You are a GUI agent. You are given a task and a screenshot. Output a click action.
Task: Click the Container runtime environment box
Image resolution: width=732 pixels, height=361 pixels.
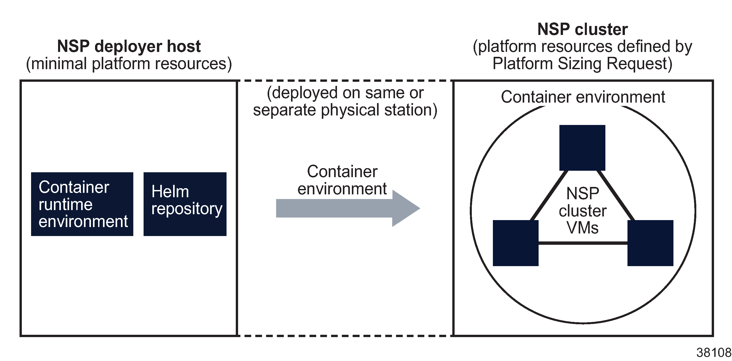pyautogui.click(x=82, y=204)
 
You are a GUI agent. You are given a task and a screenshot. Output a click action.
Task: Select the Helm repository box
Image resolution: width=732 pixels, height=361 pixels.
pyautogui.click(x=185, y=204)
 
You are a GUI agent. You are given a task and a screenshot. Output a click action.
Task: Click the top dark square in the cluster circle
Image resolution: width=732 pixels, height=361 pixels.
pyautogui.click(x=582, y=148)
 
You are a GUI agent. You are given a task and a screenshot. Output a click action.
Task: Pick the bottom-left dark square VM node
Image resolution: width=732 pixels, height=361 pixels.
pyautogui.click(x=515, y=243)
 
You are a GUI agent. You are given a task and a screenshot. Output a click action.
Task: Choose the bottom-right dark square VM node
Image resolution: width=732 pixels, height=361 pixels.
pyautogui.click(x=650, y=243)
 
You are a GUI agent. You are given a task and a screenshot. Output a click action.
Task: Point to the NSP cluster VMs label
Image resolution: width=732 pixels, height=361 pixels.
pyautogui.click(x=583, y=211)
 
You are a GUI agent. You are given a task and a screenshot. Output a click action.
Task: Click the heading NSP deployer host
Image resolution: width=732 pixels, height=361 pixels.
pyautogui.click(x=129, y=46)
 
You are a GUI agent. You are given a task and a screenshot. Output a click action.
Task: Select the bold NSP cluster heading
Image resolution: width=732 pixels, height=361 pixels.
pyautogui.click(x=583, y=29)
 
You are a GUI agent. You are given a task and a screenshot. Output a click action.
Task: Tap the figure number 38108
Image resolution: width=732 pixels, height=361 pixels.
pyautogui.click(x=713, y=353)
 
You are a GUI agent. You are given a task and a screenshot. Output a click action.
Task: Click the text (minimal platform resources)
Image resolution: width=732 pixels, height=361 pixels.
pyautogui.click(x=129, y=64)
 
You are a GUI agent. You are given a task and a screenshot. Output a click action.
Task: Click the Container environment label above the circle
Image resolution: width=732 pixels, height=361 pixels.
pyautogui.click(x=583, y=97)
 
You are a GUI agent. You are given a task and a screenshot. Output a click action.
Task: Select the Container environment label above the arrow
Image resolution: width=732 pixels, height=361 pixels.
pyautogui.click(x=342, y=180)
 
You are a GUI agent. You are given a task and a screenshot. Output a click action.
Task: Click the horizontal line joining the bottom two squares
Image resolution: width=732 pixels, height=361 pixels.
pyautogui.click(x=583, y=243)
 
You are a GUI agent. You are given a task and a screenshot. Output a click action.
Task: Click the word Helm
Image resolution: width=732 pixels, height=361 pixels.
pyautogui.click(x=170, y=192)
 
